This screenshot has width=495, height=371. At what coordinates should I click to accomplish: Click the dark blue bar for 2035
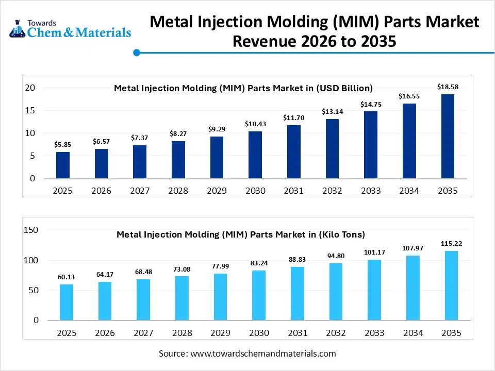point(448,137)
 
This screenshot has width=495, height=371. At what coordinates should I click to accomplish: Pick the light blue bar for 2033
point(374,290)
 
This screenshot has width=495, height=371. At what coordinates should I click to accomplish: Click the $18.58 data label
point(448,87)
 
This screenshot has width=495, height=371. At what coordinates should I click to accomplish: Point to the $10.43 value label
point(255,124)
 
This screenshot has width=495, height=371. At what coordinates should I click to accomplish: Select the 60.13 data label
point(67,277)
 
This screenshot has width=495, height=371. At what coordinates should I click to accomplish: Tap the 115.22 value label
point(451,243)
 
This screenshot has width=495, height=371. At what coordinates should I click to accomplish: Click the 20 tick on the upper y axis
point(30,88)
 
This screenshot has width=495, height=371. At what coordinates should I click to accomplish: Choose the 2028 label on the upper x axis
point(178,191)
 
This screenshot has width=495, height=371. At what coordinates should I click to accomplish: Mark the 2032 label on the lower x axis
point(336,333)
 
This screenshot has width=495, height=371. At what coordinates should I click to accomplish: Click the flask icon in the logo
point(18,29)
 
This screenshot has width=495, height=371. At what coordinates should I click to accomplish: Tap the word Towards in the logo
point(42,23)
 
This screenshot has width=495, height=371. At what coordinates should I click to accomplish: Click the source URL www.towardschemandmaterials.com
point(263,353)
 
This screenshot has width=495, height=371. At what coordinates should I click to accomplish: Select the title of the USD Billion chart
point(243,88)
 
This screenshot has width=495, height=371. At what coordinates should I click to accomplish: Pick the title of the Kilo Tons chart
point(241,234)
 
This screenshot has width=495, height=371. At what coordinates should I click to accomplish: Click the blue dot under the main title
point(137,53)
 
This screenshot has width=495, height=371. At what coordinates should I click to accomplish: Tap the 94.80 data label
point(336,256)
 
